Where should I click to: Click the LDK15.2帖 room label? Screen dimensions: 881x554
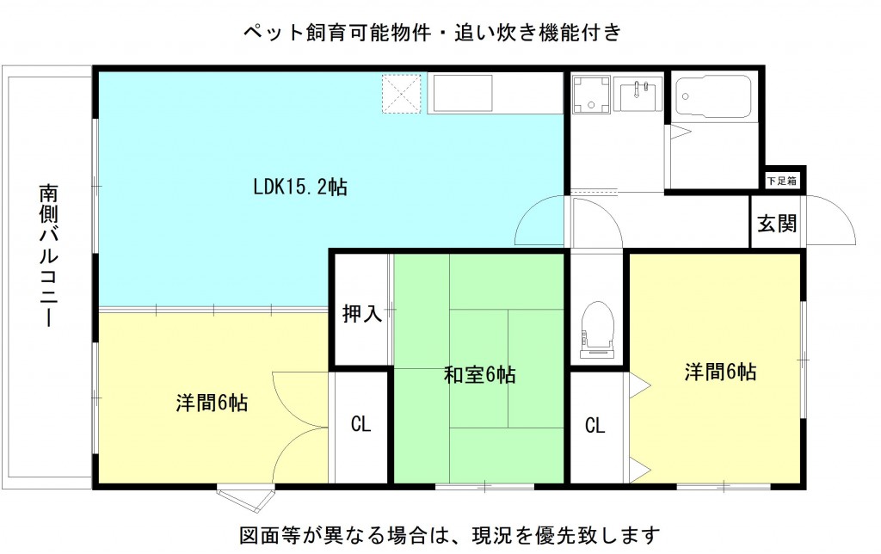pyautogui.click(x=300, y=187)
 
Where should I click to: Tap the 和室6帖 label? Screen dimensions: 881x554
pyautogui.click(x=480, y=374)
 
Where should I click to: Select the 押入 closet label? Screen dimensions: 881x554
pyautogui.click(x=362, y=313)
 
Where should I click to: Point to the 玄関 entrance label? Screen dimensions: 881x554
pyautogui.click(x=777, y=223)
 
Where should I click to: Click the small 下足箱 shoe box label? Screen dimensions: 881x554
pyautogui.click(x=782, y=181)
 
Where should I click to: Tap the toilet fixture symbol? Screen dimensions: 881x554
pyautogui.click(x=597, y=330)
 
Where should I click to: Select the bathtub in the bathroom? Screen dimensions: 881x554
pyautogui.click(x=713, y=96)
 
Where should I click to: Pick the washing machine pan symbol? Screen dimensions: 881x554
pyautogui.click(x=591, y=95)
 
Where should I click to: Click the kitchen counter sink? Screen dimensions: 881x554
pyautogui.click(x=462, y=93)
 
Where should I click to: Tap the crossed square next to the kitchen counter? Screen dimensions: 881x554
pyautogui.click(x=401, y=93)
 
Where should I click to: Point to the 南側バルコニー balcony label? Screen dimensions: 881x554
pyautogui.click(x=49, y=255)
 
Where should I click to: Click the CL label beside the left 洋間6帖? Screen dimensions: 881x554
pyautogui.click(x=360, y=423)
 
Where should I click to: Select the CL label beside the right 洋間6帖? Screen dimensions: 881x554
pyautogui.click(x=595, y=425)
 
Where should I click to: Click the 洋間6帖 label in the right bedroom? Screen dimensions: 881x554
pyautogui.click(x=720, y=372)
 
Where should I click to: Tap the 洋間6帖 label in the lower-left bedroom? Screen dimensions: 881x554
pyautogui.click(x=212, y=403)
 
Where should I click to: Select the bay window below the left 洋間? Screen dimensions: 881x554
pyautogui.click(x=246, y=498)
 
